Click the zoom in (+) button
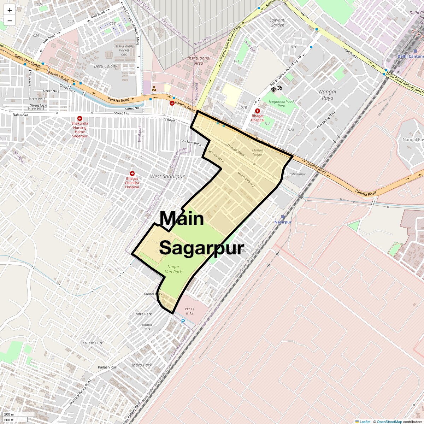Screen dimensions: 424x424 [x=10, y=10]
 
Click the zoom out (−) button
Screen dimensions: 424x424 [x=10, y=21]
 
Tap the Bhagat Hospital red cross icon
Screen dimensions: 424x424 [x=258, y=111]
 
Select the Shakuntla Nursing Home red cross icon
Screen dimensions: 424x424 [x=80, y=118]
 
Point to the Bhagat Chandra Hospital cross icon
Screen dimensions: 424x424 [x=132, y=173]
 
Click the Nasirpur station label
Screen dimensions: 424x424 [x=283, y=222]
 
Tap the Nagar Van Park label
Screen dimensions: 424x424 [x=173, y=269]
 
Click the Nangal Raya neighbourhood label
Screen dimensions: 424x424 [x=328, y=95]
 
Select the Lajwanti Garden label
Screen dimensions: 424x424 [x=277, y=23]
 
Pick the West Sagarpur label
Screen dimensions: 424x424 [x=167, y=176]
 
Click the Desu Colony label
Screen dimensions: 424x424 [x=105, y=66]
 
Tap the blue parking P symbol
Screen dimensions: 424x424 [x=183, y=322]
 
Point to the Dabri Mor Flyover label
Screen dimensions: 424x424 [x=28, y=61]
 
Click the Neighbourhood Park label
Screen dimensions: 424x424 [x=281, y=103]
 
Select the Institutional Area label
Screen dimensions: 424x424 [x=199, y=60]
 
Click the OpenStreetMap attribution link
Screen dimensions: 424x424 [x=389, y=422]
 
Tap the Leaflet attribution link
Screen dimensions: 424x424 [x=365, y=422]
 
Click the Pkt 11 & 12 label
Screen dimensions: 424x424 [x=189, y=311]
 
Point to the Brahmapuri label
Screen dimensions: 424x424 [x=297, y=174]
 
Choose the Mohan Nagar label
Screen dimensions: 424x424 [x=258, y=152]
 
